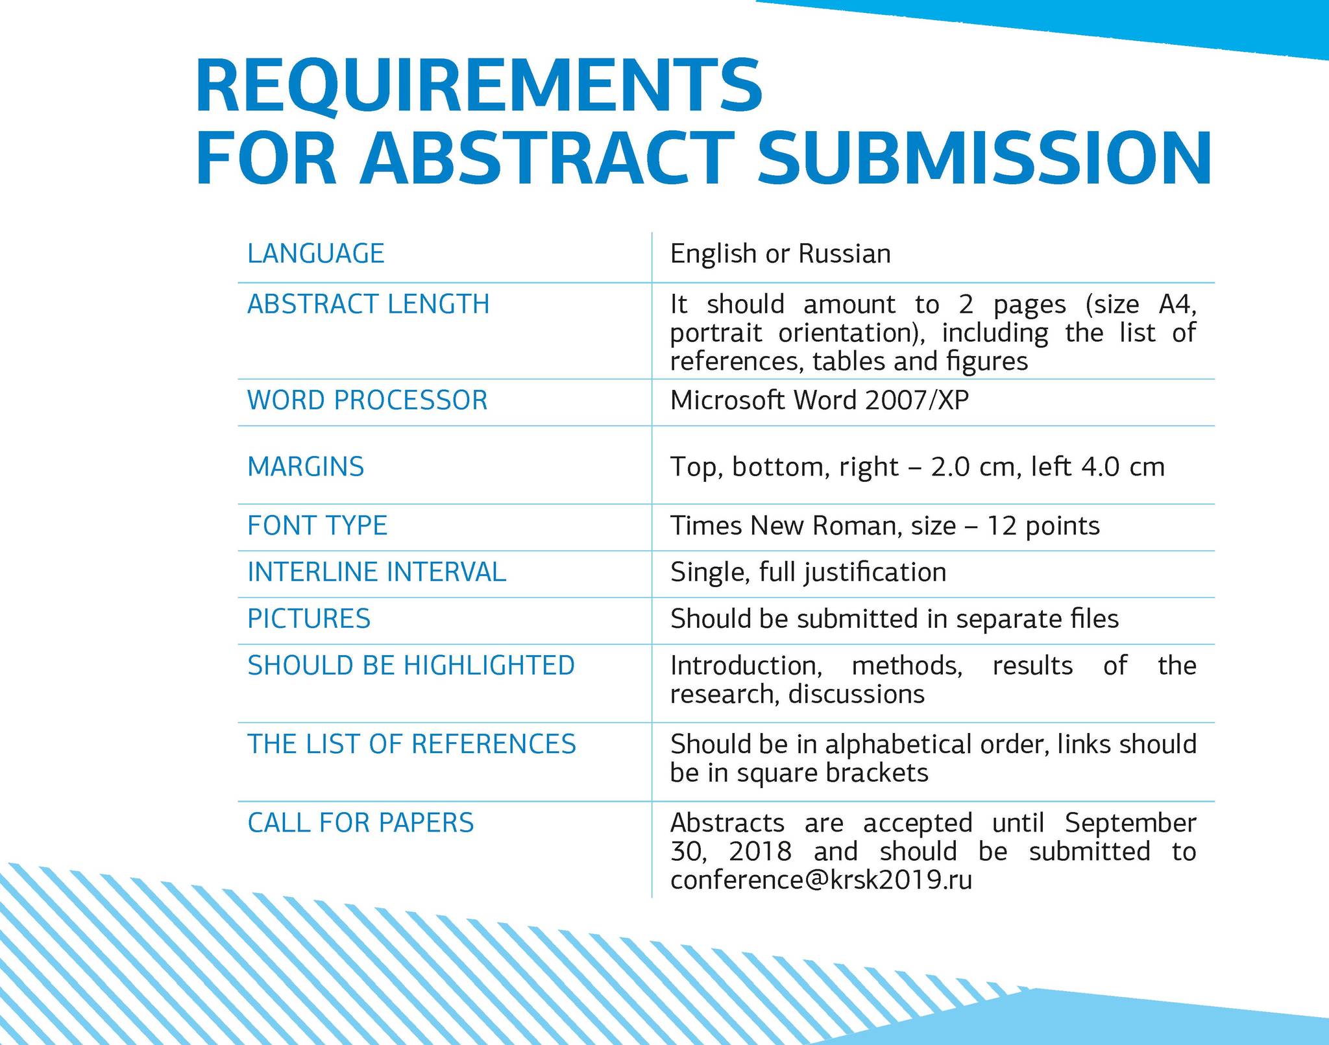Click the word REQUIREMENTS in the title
point(479,86)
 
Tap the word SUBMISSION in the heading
point(984,159)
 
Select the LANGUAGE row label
point(316,253)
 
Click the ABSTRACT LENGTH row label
point(369,304)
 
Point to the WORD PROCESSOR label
point(367,400)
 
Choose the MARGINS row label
point(306,467)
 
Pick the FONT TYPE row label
point(317,525)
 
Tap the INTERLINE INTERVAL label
point(376,572)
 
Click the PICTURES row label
point(309,619)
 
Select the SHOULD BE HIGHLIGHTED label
point(411,666)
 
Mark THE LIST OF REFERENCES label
point(411,744)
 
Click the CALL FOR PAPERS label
point(361,823)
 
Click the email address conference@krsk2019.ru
point(821,880)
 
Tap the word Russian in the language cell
point(844,254)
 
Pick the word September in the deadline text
point(1130,823)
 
